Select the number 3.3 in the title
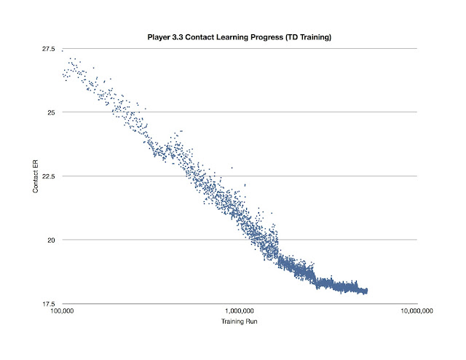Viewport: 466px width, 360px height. (178, 36)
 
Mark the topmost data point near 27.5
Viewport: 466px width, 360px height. (63, 50)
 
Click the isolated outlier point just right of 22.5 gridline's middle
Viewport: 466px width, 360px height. (232, 168)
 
